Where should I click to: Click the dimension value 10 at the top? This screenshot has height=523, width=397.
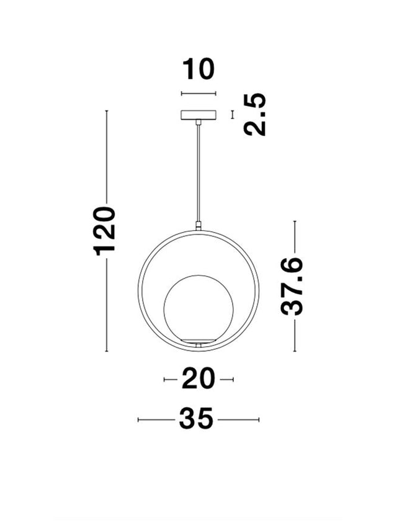point(198,69)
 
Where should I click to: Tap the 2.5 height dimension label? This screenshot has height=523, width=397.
point(254,115)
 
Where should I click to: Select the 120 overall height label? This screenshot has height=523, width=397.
point(105,231)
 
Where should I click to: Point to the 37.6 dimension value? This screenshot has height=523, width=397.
point(292,286)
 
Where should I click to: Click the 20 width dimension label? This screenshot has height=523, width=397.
point(198,378)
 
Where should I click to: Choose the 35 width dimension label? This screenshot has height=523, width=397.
point(197,419)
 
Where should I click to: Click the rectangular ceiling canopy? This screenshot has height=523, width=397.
point(198,115)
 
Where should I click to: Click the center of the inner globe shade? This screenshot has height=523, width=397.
point(198,309)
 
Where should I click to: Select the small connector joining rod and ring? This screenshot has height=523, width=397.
point(198,226)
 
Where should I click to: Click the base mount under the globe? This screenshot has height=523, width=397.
point(198,343)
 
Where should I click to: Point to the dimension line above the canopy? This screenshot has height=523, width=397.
point(198,94)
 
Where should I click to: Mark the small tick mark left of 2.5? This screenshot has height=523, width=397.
point(233,115)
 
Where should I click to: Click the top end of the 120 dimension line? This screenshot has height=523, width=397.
point(107,111)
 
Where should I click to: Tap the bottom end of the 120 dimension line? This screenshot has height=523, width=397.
point(107,351)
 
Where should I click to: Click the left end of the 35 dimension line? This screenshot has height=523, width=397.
point(138,420)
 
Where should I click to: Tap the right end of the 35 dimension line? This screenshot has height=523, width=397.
point(259,420)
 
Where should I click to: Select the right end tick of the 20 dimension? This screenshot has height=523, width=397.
point(233,379)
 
